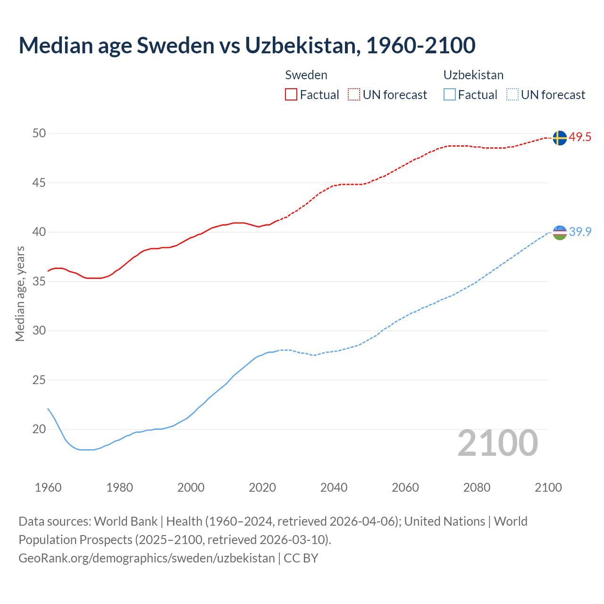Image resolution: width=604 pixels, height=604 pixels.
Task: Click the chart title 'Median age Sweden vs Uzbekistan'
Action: pos(247,45)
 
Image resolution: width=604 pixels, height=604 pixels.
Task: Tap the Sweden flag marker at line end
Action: pos(559,138)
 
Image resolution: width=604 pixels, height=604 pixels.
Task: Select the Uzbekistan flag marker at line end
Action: pos(559,233)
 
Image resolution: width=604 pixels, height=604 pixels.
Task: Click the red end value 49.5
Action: pos(580,137)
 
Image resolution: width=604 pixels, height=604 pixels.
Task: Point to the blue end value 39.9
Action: pos(580,232)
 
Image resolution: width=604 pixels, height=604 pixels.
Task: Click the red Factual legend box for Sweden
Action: pos(291,95)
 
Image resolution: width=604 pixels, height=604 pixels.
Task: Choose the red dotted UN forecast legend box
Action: pos(354,95)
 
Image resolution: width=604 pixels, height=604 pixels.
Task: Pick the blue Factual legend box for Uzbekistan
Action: pos(450,95)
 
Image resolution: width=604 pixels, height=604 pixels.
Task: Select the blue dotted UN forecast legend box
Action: pos(512,95)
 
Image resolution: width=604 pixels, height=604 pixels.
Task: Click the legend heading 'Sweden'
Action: pos(306,75)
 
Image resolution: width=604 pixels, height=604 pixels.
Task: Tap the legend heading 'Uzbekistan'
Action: pos(473,75)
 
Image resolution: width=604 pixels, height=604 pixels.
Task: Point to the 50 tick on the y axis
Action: pos(39,134)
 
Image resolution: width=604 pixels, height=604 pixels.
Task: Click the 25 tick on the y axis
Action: pos(39,380)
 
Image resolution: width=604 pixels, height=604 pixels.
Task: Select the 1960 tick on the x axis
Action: pos(48,487)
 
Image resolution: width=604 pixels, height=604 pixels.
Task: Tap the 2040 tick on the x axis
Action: pos(334,487)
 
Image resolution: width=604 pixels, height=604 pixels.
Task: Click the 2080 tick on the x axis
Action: pos(477,487)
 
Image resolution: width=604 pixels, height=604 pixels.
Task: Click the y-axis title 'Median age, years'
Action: pos(20,294)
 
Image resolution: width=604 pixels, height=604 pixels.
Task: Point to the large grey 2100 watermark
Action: pos(497,443)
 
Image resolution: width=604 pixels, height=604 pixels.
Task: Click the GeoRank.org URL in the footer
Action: pos(146,558)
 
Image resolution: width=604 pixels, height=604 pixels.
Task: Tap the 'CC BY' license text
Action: pos(301,558)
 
